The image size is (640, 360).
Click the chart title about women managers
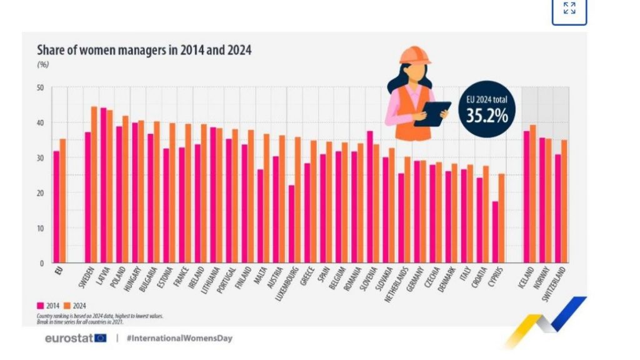click(x=144, y=50)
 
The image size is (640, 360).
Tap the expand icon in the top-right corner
click(x=569, y=9)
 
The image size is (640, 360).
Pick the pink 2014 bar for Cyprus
click(x=495, y=232)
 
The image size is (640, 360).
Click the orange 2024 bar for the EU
click(x=63, y=201)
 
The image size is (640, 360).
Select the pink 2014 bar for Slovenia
click(x=369, y=197)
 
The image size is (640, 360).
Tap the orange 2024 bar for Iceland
click(x=533, y=194)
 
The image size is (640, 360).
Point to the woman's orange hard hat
click(x=415, y=55)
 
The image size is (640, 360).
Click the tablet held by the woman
click(x=432, y=113)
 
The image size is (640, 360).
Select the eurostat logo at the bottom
click(x=76, y=338)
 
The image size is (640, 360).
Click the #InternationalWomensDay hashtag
click(x=179, y=338)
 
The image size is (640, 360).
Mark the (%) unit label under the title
click(x=43, y=64)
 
